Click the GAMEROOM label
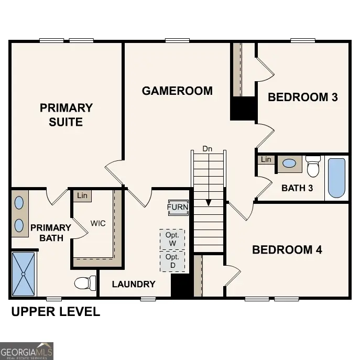[x=177, y=91]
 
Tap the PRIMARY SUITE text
[x=66, y=115]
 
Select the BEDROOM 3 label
[x=302, y=97]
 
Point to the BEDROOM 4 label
[x=287, y=249]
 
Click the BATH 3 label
[x=297, y=188]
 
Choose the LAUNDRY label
[x=134, y=284]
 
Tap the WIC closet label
[x=97, y=223]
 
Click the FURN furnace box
[x=178, y=207]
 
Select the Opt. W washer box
[x=172, y=239]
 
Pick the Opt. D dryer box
[x=172, y=261]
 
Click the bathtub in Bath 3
[x=336, y=178]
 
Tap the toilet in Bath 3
[x=313, y=167]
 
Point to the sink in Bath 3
[x=289, y=163]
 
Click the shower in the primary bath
[x=24, y=274]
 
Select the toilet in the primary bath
[x=84, y=283]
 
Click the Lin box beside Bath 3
[x=266, y=159]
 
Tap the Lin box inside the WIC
[x=82, y=195]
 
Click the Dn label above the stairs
[x=208, y=149]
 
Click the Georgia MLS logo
[x=27, y=351]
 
